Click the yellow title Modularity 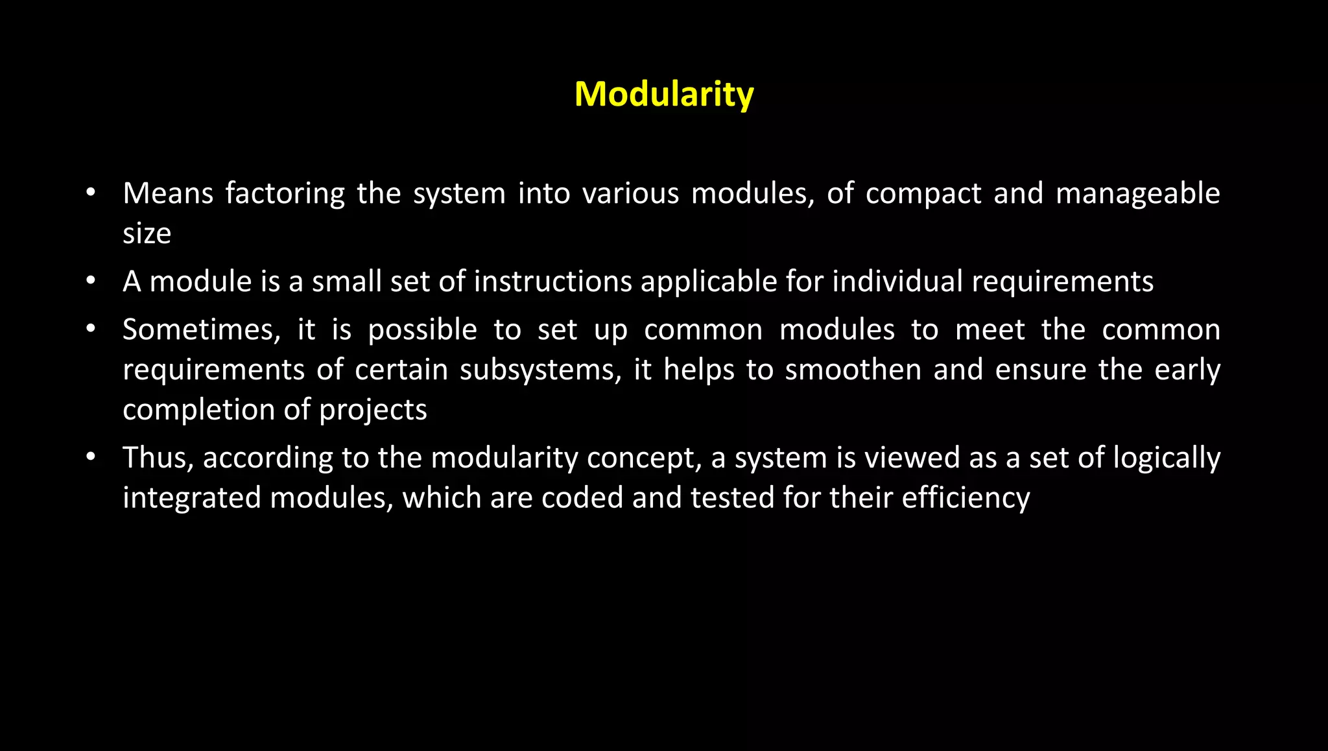tap(664, 94)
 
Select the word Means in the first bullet tap(168, 193)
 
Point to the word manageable tap(1137, 194)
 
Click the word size tap(147, 233)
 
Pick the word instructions tap(552, 281)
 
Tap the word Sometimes tap(201, 330)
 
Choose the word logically tap(1167, 459)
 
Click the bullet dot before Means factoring tap(91, 193)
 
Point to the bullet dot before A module tap(91, 281)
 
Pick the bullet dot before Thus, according tap(91, 457)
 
